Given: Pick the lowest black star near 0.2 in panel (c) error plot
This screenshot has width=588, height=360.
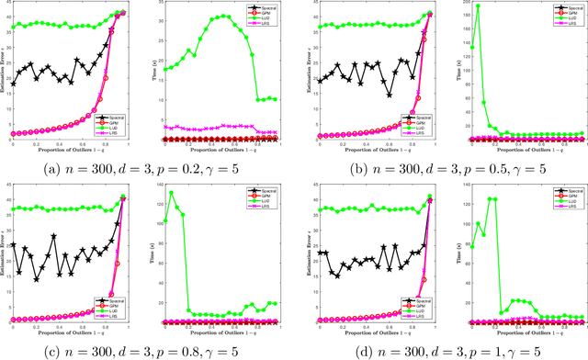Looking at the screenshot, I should [37, 279].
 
